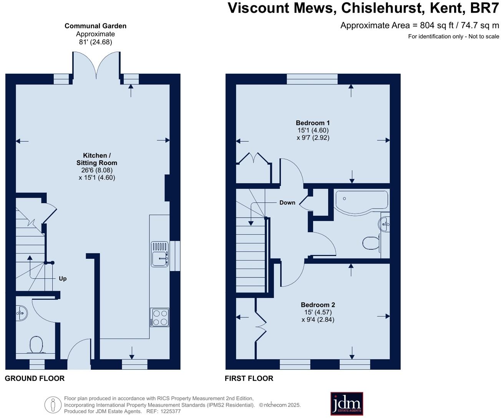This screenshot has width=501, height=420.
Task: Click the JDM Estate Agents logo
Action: pos(347,403)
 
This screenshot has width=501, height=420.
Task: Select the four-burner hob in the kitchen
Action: pos(159,317)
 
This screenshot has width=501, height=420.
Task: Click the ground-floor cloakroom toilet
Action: pos(36,344)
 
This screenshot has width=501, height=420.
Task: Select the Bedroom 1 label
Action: pos(313,123)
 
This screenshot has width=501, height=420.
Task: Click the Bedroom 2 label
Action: pos(318,305)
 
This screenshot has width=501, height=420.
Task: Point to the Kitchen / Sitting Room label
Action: pos(96,159)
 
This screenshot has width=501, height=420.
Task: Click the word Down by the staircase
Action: pos(287,203)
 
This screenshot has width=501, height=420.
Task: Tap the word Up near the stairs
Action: pos(63,279)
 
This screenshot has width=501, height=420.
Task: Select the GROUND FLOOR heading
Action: pos(35,379)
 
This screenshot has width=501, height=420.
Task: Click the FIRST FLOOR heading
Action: pos(249,379)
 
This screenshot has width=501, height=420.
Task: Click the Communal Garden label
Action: pos(95,26)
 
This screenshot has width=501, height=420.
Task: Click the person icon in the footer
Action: pos(53,405)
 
